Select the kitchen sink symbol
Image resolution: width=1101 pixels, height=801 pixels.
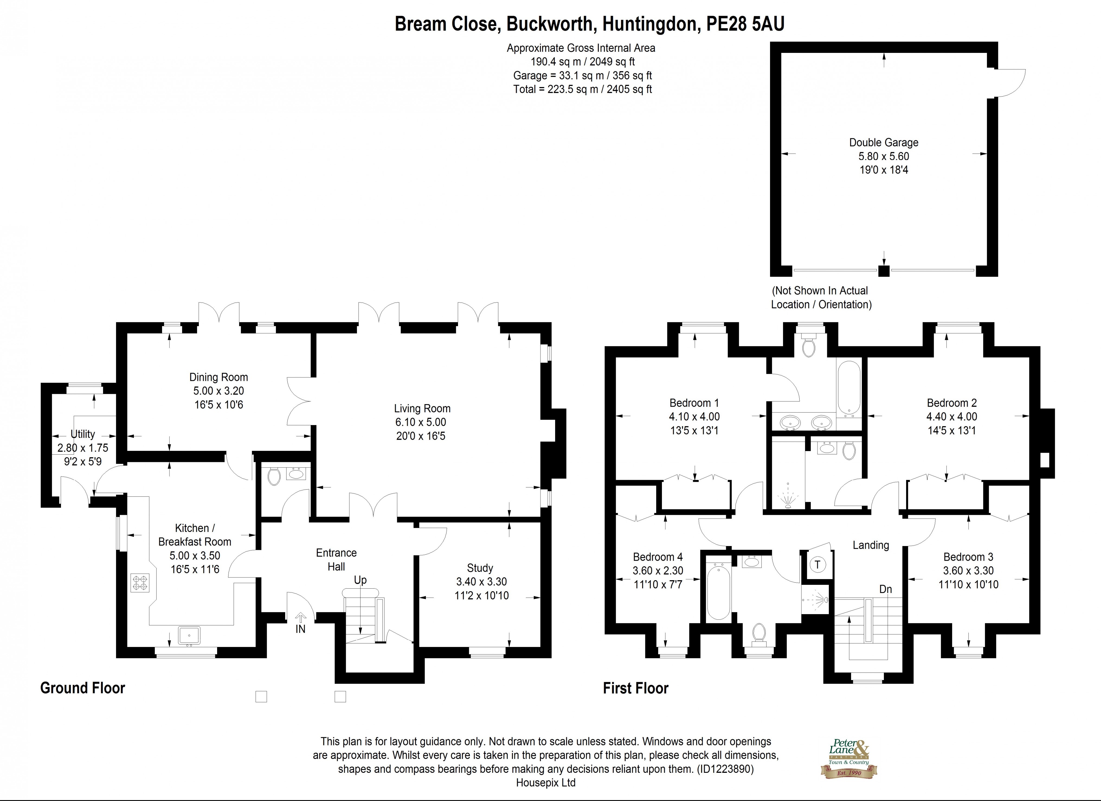click(x=189, y=635)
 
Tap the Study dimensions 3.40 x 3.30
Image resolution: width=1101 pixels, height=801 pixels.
click(x=481, y=582)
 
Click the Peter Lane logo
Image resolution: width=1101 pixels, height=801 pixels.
click(x=849, y=758)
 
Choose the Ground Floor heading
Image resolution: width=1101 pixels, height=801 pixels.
click(x=82, y=688)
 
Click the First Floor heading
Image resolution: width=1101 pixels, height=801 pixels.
click(x=635, y=688)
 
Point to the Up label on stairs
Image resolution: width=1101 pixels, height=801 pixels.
click(x=360, y=580)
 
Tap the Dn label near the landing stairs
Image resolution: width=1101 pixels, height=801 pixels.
click(x=886, y=589)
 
